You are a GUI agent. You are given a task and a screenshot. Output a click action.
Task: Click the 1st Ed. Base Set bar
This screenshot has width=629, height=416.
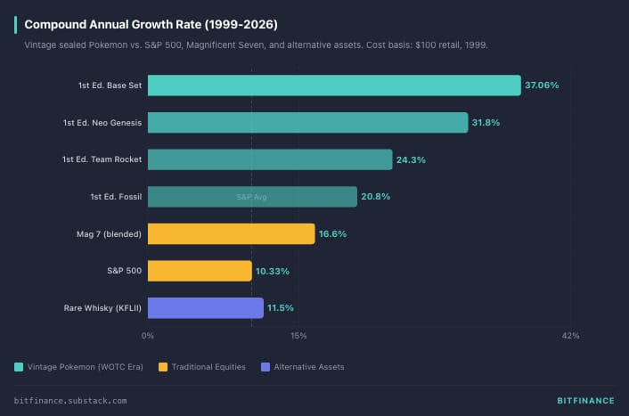click(334, 86)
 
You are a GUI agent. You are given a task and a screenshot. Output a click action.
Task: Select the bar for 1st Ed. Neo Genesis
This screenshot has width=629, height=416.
click(307, 122)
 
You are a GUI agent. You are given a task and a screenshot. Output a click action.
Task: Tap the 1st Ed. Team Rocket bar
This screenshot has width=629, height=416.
click(270, 159)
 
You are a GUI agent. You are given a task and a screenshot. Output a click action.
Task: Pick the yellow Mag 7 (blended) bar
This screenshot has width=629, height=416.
click(231, 233)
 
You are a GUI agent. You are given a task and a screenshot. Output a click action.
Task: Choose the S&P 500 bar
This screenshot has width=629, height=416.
click(200, 271)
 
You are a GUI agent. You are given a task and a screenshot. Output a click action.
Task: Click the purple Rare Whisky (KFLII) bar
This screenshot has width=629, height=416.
click(205, 307)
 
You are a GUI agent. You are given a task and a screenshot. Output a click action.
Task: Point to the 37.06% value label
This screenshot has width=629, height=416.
click(542, 86)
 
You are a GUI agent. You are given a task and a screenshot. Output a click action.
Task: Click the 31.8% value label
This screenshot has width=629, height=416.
click(486, 122)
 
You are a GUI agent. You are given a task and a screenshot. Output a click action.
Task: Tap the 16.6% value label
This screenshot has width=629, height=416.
click(332, 233)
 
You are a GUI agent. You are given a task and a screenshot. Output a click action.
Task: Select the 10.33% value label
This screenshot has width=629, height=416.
click(272, 271)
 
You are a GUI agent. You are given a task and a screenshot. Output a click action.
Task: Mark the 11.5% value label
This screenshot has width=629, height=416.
click(281, 307)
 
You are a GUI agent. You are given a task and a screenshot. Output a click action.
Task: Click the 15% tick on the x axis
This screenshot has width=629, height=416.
click(298, 336)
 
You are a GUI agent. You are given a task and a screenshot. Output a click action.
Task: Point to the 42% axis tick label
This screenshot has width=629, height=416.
click(571, 336)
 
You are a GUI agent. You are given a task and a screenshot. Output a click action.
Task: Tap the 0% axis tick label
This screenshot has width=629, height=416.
click(148, 336)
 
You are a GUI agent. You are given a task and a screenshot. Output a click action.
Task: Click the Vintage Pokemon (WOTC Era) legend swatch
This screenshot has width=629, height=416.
click(19, 367)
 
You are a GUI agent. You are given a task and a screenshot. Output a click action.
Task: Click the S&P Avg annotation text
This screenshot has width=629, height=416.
click(252, 197)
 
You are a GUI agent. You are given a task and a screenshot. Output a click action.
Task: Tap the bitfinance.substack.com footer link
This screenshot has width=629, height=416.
click(70, 401)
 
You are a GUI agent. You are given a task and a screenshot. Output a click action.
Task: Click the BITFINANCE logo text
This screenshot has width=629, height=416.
click(579, 401)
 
